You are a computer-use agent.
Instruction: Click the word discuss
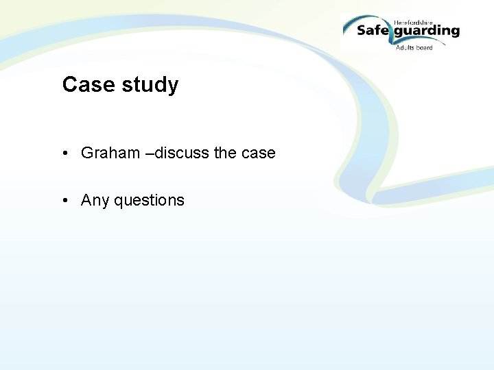tap(182, 153)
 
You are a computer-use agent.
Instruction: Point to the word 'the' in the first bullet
tap(225, 153)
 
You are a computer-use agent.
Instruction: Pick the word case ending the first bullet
tap(258, 153)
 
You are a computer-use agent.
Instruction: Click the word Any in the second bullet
tap(95, 201)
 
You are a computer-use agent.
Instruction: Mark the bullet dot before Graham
tap(64, 153)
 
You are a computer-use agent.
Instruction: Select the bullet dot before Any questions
tap(64, 201)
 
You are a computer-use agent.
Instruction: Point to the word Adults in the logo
tap(405, 47)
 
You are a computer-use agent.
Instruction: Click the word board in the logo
tap(425, 47)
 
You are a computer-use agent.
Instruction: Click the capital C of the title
tap(69, 85)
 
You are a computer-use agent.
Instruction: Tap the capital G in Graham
tap(87, 153)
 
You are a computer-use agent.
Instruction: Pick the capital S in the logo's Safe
tap(362, 30)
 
